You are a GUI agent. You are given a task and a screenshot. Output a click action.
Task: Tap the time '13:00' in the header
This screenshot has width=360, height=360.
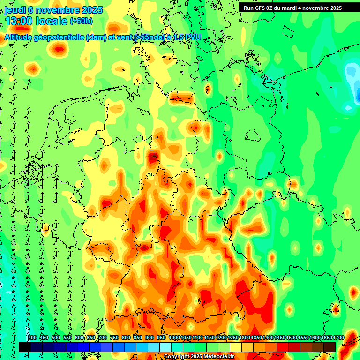pyautogui.click(x=19, y=21)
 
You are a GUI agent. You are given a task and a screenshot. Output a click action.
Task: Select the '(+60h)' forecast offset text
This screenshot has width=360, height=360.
pyautogui.click(x=81, y=21)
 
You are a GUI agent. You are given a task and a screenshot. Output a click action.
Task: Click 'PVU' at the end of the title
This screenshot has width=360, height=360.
pyautogui.click(x=192, y=37)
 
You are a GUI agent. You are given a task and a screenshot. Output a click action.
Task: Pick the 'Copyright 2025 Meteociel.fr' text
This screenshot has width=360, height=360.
pyautogui.click(x=199, y=357)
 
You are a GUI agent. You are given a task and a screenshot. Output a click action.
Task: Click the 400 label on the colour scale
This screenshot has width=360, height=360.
pyautogui.click(x=32, y=338)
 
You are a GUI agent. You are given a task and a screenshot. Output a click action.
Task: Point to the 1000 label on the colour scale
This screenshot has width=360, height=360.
pyautogui.click(x=174, y=338)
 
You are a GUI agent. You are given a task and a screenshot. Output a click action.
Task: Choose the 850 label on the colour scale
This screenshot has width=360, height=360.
pyautogui.click(x=138, y=338)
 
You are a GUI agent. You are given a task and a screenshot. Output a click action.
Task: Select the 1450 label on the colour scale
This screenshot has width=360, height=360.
pyautogui.click(x=280, y=338)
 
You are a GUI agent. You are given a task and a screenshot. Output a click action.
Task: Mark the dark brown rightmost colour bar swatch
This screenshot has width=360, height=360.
pyautogui.click(x=330, y=347)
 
